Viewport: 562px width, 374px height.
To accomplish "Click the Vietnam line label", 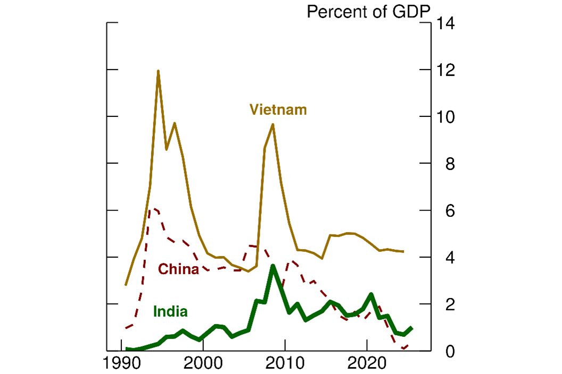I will click(278, 110).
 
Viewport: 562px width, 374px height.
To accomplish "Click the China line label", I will click(178, 269).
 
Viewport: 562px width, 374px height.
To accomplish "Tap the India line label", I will click(170, 312).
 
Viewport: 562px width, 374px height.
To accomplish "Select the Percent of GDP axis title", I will click(368, 12).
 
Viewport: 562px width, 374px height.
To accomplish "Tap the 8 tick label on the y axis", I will click(450, 164).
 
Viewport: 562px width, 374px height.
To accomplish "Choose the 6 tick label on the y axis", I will click(450, 210).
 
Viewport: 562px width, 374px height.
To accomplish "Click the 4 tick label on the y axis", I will click(450, 257).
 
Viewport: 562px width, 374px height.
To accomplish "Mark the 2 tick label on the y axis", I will click(450, 304).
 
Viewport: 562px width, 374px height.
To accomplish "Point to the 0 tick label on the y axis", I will click(450, 351).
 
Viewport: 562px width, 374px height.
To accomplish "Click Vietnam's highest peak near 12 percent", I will click(158, 71).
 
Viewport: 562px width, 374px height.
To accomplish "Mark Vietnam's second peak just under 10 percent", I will click(272, 124).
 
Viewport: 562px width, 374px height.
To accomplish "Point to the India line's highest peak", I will click(272, 266).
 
